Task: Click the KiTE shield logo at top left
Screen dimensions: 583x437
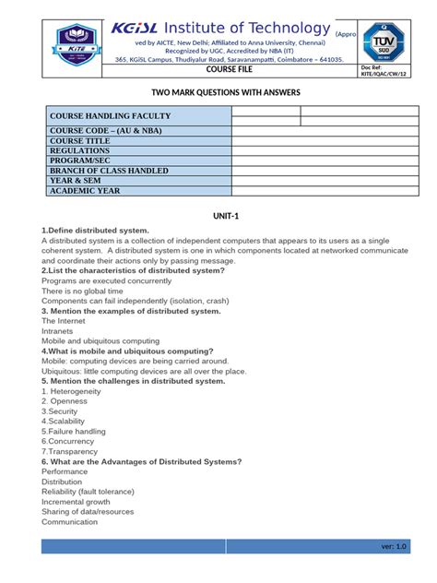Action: (76, 43)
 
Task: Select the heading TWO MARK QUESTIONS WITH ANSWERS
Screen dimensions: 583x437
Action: (218, 93)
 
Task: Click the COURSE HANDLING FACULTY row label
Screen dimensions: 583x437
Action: (110, 116)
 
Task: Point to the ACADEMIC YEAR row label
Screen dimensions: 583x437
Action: (86, 191)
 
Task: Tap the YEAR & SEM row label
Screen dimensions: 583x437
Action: (79, 181)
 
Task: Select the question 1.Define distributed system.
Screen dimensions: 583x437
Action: (95, 230)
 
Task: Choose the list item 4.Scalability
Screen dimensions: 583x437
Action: (67, 421)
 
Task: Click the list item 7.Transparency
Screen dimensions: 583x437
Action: (70, 451)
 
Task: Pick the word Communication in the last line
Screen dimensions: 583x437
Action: (70, 522)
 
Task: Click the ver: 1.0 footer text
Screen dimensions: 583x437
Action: (393, 547)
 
